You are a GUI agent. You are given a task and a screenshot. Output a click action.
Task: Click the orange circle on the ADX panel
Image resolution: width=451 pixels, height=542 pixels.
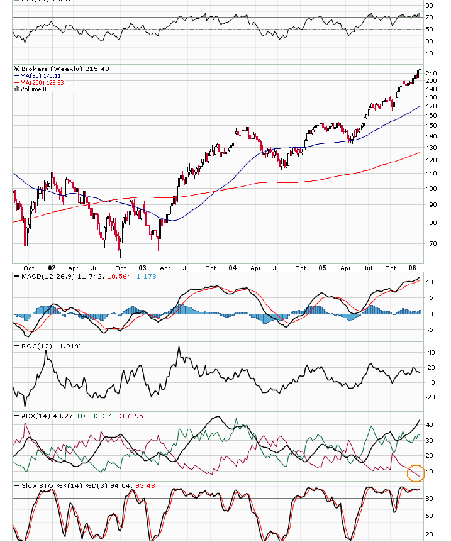415,472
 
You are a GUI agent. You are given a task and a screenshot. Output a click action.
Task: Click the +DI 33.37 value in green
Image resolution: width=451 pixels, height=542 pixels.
91,416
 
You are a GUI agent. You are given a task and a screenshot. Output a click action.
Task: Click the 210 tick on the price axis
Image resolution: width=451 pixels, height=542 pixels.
431,73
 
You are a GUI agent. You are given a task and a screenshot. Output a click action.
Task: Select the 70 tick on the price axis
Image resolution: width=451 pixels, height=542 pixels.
431,243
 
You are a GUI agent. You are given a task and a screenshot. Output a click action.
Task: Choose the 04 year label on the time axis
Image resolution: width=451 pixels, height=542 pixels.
233,267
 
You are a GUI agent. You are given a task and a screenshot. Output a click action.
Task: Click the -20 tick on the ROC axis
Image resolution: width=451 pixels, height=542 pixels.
432,397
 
